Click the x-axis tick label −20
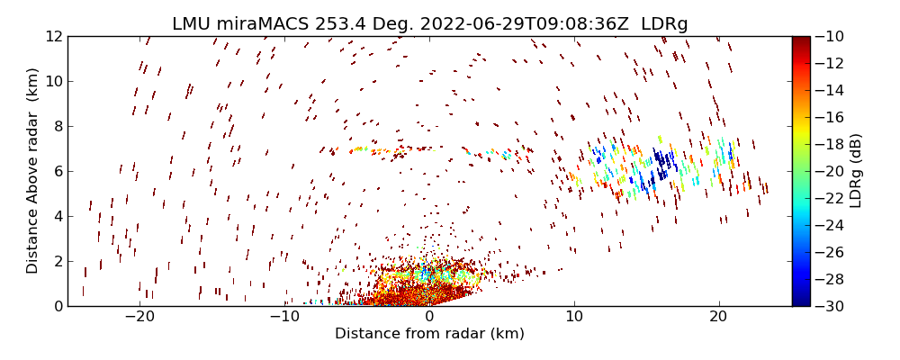click(x=139, y=317)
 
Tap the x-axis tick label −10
click(x=284, y=317)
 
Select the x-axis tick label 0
click(x=429, y=317)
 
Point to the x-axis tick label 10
click(x=574, y=317)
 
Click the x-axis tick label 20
click(x=718, y=317)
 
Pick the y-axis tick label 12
click(x=52, y=36)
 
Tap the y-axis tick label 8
click(x=56, y=126)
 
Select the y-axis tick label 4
click(x=56, y=216)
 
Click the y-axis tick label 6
click(x=56, y=171)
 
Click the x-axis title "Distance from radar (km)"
click(x=429, y=334)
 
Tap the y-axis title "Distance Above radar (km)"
click(x=33, y=171)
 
